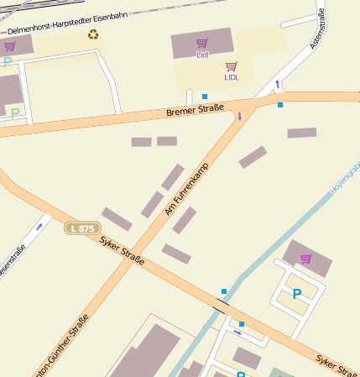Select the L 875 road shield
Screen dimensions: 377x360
coord(83,228)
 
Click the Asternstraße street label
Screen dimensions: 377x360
coord(316,29)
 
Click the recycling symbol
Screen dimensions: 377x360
coord(93,34)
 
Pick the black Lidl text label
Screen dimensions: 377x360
coord(202,55)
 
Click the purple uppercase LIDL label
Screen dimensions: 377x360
coord(232,77)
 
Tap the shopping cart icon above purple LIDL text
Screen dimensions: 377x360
coord(232,66)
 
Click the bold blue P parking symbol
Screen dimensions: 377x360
coord(296,294)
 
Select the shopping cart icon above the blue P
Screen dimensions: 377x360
coord(305,259)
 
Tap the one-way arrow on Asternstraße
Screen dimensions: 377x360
coord(278,83)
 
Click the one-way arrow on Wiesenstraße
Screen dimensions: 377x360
coord(39,226)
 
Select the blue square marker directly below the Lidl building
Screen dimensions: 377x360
coord(205,97)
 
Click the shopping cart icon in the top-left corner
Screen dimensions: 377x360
coord(9,46)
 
